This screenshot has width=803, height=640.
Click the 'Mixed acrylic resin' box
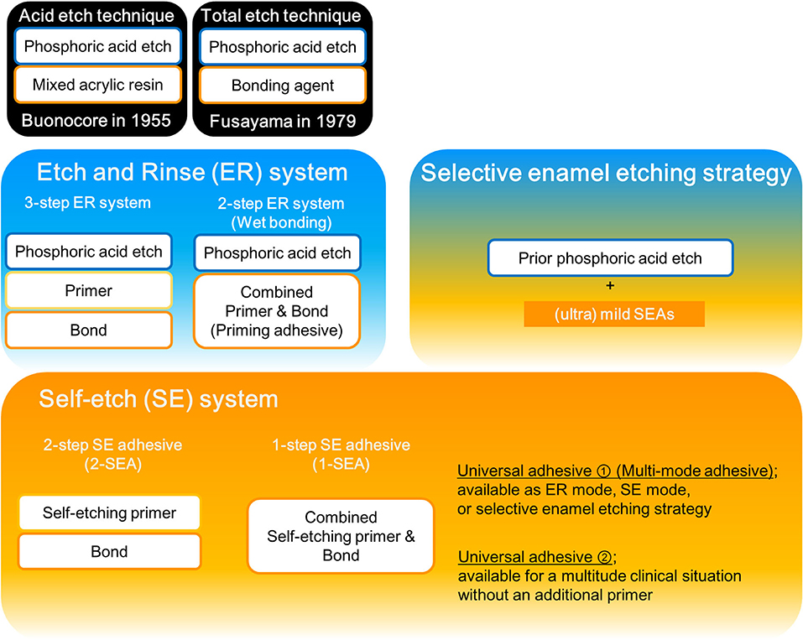click(x=98, y=85)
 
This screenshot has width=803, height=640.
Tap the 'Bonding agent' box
click(x=283, y=85)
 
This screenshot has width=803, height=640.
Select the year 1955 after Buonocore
click(x=150, y=120)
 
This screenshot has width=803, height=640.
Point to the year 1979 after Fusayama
click(x=336, y=122)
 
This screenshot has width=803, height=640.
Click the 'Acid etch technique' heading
click(x=96, y=15)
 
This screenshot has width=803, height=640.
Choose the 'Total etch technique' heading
click(x=281, y=15)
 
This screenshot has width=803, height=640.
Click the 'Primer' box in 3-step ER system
click(x=89, y=290)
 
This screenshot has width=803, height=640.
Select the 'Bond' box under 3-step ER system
click(x=89, y=330)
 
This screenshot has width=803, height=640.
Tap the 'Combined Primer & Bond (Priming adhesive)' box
click(x=277, y=311)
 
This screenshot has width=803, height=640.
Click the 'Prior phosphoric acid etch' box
click(x=611, y=258)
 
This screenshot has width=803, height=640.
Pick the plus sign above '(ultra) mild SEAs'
click(x=610, y=286)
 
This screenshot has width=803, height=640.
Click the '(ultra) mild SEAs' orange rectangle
click(x=614, y=314)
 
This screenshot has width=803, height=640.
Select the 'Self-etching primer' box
click(x=110, y=513)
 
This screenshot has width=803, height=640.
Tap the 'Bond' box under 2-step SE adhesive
click(x=110, y=551)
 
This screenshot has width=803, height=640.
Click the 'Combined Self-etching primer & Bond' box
click(x=341, y=536)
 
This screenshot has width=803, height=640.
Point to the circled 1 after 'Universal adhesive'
click(x=604, y=471)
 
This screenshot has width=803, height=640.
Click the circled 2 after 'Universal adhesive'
click(x=604, y=557)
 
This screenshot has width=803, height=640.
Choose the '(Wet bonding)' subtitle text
click(x=281, y=223)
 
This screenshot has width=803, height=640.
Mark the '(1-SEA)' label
click(x=341, y=465)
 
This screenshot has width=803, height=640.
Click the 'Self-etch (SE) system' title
click(x=159, y=399)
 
